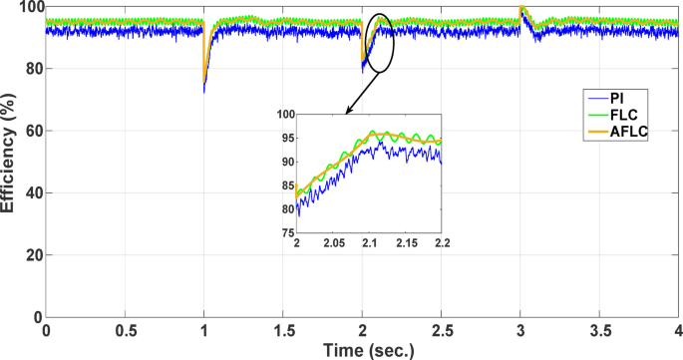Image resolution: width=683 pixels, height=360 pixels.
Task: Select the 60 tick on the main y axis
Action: point(29,132)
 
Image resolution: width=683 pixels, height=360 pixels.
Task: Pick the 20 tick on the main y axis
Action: point(29,255)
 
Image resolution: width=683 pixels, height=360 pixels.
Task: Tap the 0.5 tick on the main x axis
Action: point(125,328)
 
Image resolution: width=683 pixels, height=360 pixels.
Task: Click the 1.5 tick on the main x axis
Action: point(283,328)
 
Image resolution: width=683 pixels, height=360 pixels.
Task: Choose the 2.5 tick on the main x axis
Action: point(441,328)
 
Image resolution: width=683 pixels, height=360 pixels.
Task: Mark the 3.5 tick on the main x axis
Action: point(599,328)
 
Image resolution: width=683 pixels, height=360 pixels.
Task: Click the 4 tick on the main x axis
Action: point(678,328)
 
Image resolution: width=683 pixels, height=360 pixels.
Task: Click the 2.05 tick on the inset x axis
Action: point(333,242)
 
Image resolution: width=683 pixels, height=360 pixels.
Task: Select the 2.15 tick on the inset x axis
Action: point(405,242)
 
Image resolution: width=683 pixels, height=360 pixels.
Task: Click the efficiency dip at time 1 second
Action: point(204,85)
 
